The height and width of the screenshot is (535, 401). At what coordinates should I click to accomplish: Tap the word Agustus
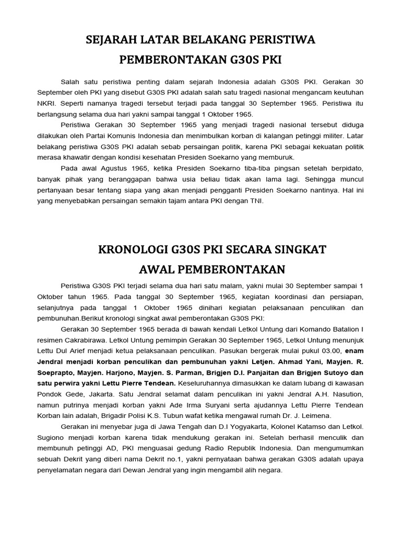[x=115, y=169]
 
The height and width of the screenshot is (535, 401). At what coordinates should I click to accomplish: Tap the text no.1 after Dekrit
[x=172, y=459]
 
